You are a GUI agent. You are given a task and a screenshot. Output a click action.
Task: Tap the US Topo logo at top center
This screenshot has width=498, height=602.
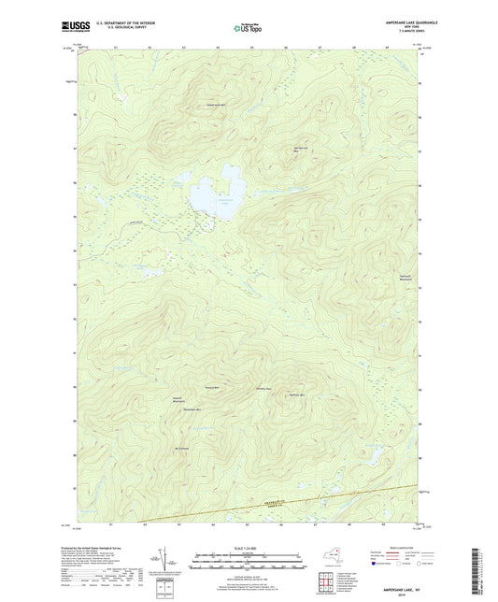tap(249, 28)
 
